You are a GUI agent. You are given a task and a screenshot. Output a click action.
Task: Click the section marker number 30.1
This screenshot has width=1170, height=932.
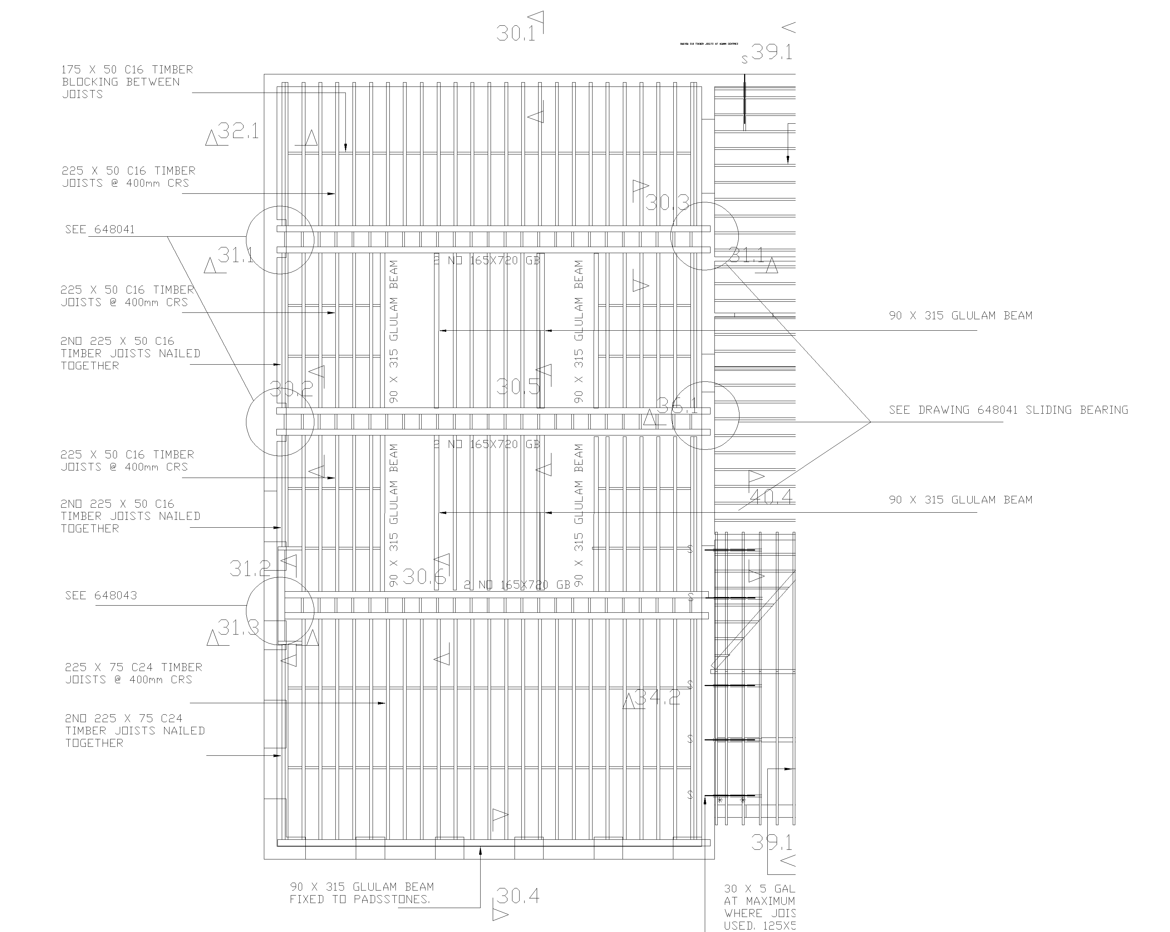[x=516, y=34]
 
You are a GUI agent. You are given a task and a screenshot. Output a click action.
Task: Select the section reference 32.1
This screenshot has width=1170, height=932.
[x=238, y=131]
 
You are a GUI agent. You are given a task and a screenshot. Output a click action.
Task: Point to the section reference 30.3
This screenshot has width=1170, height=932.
[x=667, y=203]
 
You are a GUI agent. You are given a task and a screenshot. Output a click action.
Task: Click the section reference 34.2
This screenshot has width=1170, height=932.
[x=657, y=697]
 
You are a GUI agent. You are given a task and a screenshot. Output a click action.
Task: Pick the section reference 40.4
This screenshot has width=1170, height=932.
[x=771, y=496]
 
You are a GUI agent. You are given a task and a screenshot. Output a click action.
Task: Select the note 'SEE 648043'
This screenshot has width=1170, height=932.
[x=101, y=596]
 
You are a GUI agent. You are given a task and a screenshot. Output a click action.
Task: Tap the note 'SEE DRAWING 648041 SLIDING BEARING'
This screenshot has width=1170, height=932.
[x=1008, y=410]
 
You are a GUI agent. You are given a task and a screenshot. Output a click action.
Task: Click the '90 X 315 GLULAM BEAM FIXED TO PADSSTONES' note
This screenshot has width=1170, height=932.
[x=362, y=893]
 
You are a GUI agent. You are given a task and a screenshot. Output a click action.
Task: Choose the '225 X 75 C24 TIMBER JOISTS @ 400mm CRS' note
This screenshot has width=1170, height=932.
[x=133, y=673]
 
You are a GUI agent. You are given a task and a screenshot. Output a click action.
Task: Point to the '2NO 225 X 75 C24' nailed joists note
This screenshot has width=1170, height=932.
[x=134, y=731]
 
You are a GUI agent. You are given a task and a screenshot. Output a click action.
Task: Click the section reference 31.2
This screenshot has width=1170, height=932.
[x=250, y=568]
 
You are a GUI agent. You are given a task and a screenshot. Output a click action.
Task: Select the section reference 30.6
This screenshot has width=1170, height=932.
[x=424, y=577]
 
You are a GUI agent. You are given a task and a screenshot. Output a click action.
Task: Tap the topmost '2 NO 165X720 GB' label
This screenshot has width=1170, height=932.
[x=487, y=260]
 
